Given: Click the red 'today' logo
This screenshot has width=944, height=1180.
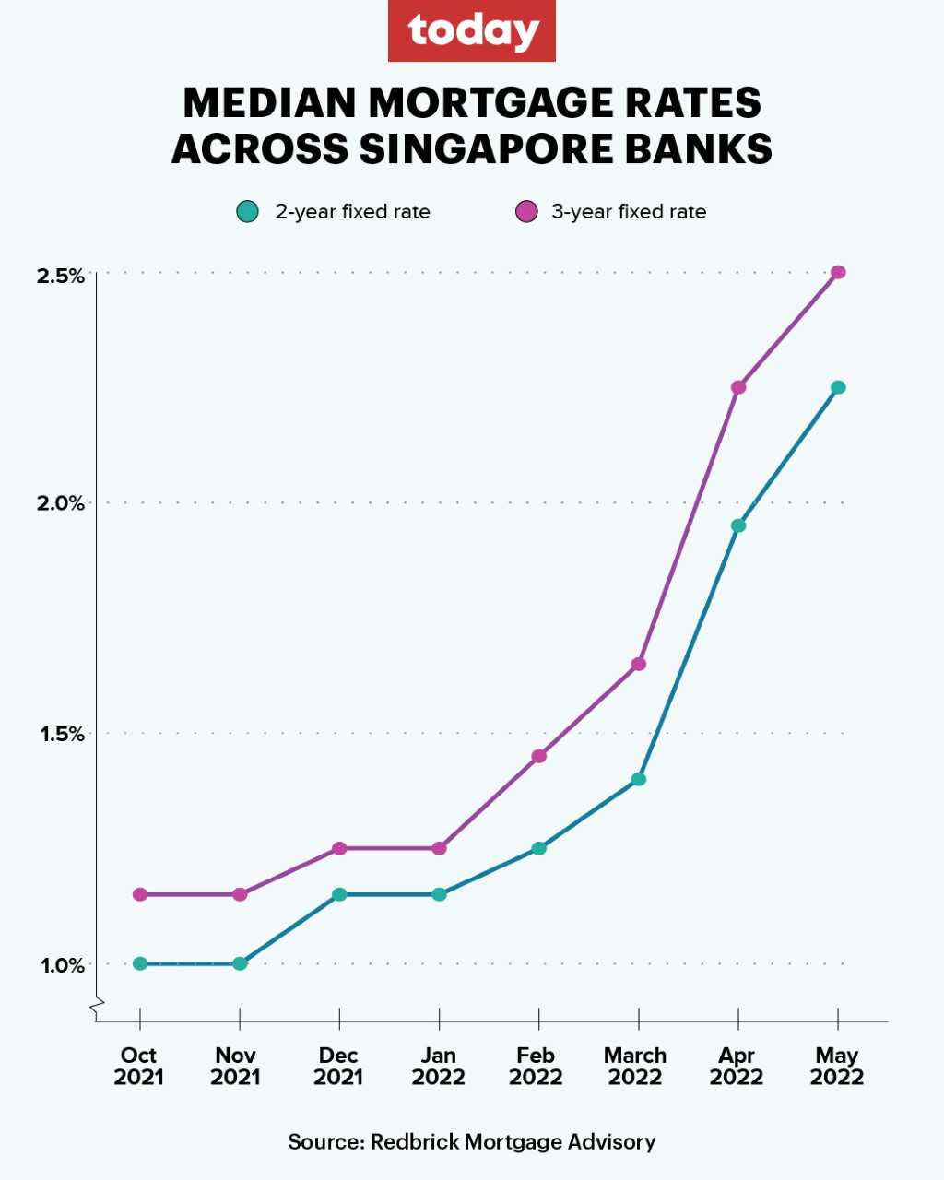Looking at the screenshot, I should point(471,31).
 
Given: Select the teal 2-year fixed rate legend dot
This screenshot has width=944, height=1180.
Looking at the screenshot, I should point(246,212).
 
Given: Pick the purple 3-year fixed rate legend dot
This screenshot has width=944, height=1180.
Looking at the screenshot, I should point(525,212).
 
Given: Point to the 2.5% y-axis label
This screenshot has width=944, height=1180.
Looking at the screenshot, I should point(61,275).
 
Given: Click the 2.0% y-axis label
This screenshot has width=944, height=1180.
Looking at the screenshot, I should point(61,503).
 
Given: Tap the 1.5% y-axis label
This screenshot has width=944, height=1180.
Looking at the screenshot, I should point(62,734).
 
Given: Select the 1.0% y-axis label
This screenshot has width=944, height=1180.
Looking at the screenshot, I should point(62,964).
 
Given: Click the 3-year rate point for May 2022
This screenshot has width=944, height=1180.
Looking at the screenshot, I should point(838,272).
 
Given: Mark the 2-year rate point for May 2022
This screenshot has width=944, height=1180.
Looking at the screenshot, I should point(838,387).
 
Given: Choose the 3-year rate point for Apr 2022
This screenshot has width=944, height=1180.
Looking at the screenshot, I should point(738,387).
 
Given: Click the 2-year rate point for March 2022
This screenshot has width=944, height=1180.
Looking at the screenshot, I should point(639,779).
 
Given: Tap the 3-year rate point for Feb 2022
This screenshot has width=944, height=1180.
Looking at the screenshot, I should point(539,756).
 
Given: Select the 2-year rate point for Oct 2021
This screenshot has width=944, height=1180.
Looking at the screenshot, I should point(140,963).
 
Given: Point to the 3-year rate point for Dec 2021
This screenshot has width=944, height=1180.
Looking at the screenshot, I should point(339,848).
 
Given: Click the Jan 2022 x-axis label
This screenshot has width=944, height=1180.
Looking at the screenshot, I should point(439,1067).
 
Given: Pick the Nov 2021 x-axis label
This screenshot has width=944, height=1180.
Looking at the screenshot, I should point(236,1067).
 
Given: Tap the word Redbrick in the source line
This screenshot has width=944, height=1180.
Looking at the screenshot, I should point(414,1142).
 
